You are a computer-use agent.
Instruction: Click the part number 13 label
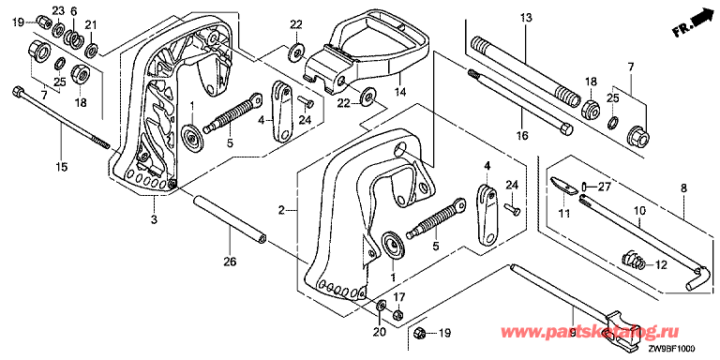526,19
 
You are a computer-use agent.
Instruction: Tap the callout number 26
230,262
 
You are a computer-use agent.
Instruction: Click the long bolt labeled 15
62,117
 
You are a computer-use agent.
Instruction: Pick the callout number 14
401,92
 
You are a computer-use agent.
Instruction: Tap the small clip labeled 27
584,187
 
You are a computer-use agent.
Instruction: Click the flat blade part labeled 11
563,185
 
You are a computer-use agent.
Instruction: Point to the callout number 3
154,219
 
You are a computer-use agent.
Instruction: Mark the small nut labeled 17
398,315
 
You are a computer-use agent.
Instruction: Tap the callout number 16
522,135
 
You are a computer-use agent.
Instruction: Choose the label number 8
683,187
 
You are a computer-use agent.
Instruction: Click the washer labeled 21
91,49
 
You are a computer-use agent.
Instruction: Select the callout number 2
282,211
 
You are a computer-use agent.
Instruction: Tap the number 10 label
639,211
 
